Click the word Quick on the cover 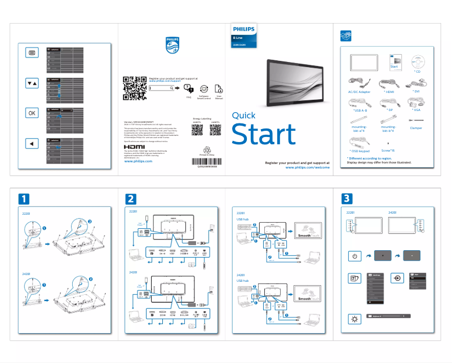click(x=243, y=116)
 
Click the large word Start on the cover click(x=264, y=136)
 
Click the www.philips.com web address click(x=138, y=161)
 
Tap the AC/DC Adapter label click(x=359, y=91)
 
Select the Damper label click(x=416, y=128)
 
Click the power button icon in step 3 click(x=354, y=256)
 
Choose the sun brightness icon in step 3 click(x=354, y=318)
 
